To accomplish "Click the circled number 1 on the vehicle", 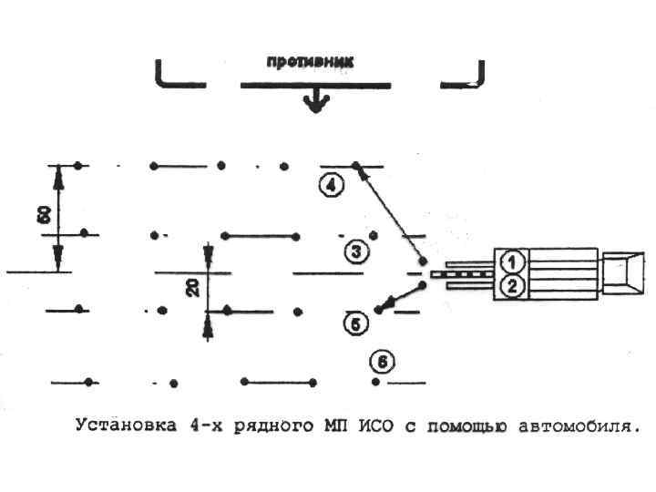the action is [x=513, y=261].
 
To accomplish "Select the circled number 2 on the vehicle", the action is [x=513, y=287].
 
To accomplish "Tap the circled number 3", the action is [x=356, y=250].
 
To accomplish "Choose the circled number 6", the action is [x=382, y=362].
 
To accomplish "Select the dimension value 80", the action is [x=42, y=217].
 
